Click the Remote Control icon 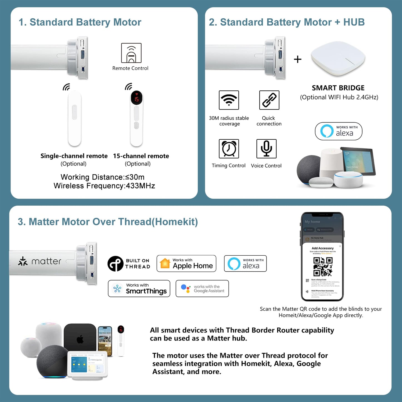coord(131,53)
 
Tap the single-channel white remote coord(75,118)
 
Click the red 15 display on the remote coord(137,99)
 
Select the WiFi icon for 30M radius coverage coord(229,100)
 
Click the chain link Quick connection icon coord(269,100)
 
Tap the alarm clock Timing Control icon coord(229,149)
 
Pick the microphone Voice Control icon coord(266,149)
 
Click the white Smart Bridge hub coord(338,59)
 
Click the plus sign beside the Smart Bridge coord(298,59)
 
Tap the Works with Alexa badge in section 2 coord(339,131)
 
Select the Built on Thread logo coord(129,263)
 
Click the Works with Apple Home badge coord(186,263)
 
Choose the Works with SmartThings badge coord(139,288)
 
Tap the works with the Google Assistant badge coord(202,288)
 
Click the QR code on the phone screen coord(323,266)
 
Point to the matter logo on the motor coord(40,261)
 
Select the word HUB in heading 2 coord(354,22)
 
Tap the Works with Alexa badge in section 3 coord(245,263)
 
